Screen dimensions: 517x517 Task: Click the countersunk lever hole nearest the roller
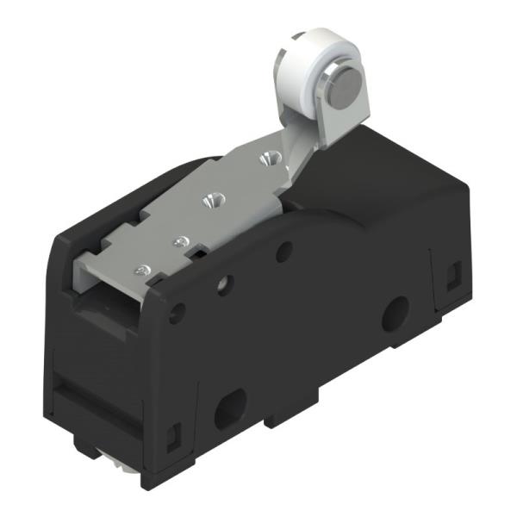[x=267, y=158]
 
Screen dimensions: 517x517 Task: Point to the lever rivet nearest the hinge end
[x=142, y=270]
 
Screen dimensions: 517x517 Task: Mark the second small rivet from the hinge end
[x=181, y=242]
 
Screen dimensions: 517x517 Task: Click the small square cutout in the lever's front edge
[x=197, y=251]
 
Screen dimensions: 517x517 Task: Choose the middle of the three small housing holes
[x=226, y=283]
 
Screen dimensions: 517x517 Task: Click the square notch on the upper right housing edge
[x=452, y=274]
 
